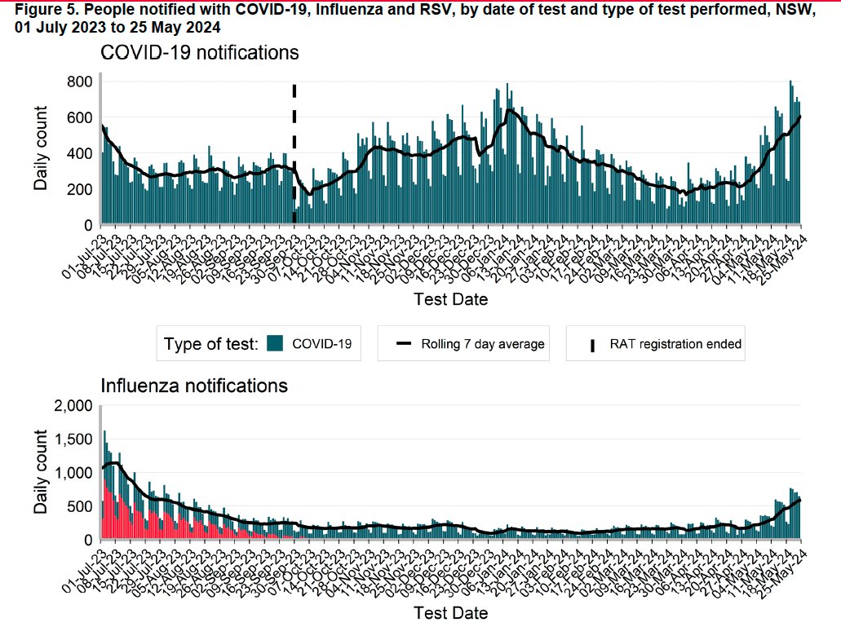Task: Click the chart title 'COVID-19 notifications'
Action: [x=199, y=54]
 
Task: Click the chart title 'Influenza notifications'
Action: [x=193, y=384]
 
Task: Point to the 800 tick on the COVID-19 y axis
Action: [x=79, y=82]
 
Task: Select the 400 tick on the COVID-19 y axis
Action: [x=79, y=154]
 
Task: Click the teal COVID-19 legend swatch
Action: [x=274, y=344]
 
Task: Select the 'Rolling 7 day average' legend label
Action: [x=482, y=344]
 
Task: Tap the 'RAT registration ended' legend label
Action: [x=675, y=344]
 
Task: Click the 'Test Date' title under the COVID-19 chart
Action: [x=450, y=299]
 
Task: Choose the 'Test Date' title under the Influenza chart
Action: [x=450, y=612]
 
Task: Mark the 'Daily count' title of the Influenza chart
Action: [x=40, y=473]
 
